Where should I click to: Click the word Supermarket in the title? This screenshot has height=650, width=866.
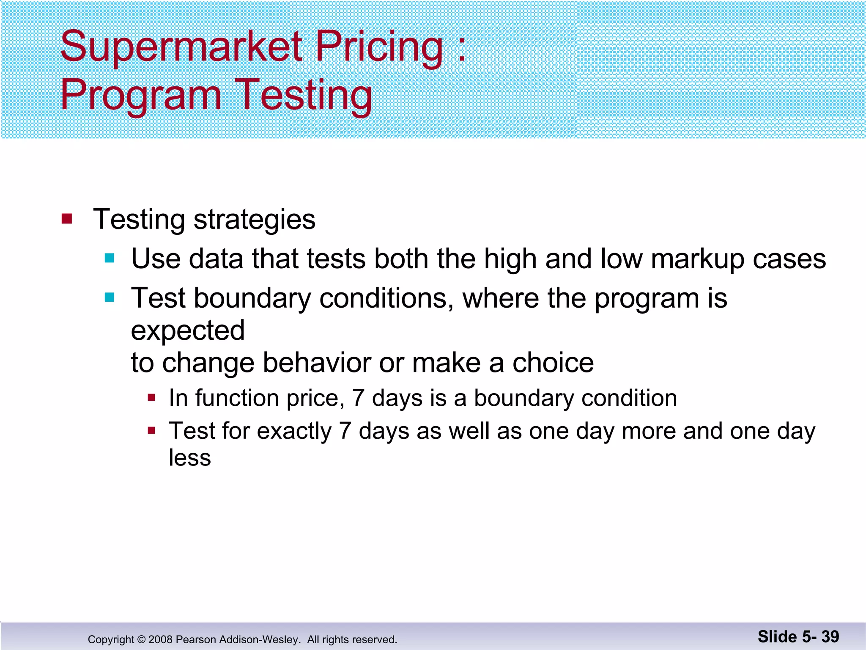coord(181,47)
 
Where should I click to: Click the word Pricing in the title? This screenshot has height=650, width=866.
coord(379,47)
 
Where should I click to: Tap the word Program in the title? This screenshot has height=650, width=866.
coord(141,95)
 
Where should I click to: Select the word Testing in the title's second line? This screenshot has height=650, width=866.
coord(303,95)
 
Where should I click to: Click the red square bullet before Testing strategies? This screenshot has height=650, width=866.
coord(67,219)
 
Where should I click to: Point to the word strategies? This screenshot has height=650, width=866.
coord(254,220)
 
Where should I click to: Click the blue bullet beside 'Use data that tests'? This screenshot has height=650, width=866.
coord(110,258)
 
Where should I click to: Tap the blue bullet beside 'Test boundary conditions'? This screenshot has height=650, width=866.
coord(110,297)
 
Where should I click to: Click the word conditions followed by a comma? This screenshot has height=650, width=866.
coord(386,298)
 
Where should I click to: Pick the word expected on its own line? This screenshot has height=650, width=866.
coord(188,331)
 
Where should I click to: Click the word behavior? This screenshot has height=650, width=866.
coord(316,363)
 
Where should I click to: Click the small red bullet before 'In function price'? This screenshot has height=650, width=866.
coord(151,398)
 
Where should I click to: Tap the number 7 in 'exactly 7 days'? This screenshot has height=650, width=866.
coord(345,431)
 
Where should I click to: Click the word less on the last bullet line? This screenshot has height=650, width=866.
coord(189,457)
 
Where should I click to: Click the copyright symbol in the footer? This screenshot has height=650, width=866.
coord(141,639)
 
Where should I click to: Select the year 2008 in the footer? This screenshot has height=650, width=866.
coord(160,639)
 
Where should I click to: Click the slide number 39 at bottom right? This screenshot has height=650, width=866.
coord(830,636)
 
